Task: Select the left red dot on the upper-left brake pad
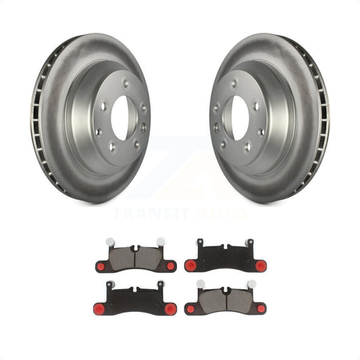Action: [x=101, y=266]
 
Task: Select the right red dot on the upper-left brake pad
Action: [x=170, y=266]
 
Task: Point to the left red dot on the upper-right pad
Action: [x=190, y=266]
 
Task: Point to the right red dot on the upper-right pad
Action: [x=260, y=266]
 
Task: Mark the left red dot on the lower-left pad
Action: [x=99, y=309]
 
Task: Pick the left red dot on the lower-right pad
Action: [x=190, y=309]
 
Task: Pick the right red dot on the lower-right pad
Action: [x=261, y=309]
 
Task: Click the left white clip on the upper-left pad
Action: [x=110, y=241]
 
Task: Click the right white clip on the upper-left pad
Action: [x=160, y=241]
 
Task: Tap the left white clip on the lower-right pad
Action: [x=200, y=284]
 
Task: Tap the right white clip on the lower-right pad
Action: [x=251, y=284]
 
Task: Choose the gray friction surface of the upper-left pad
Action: [x=136, y=257]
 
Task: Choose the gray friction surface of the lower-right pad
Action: [x=225, y=300]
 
